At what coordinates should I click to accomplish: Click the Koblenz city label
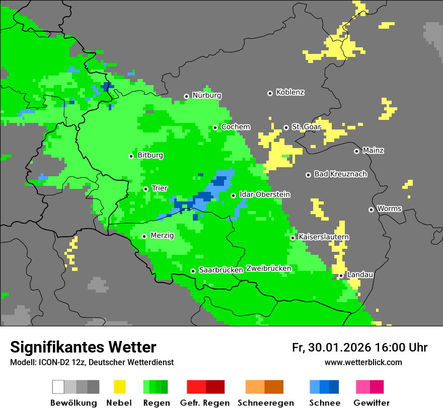point(290,92)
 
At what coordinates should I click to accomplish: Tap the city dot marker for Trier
point(146,189)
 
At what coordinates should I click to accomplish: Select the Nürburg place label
point(206,95)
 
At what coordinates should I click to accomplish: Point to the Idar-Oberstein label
point(265,194)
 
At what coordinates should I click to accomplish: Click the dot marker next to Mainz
point(357,151)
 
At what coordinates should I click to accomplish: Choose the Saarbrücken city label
point(221,270)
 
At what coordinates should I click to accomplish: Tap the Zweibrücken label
point(268,268)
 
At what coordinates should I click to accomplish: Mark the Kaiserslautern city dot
point(292,238)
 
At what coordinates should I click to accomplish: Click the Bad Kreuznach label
point(340,174)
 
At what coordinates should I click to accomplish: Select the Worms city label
point(389,208)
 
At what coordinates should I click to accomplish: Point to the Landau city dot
point(341,275)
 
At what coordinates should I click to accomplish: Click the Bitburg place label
point(150,155)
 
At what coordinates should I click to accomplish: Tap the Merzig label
point(162,235)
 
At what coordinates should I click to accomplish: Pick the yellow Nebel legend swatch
point(119,387)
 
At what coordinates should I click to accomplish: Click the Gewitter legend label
point(372,403)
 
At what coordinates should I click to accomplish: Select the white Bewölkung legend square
point(58,387)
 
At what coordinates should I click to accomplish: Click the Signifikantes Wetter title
point(83,347)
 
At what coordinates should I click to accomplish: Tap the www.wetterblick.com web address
point(363,362)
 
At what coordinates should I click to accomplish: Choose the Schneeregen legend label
point(265,403)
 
